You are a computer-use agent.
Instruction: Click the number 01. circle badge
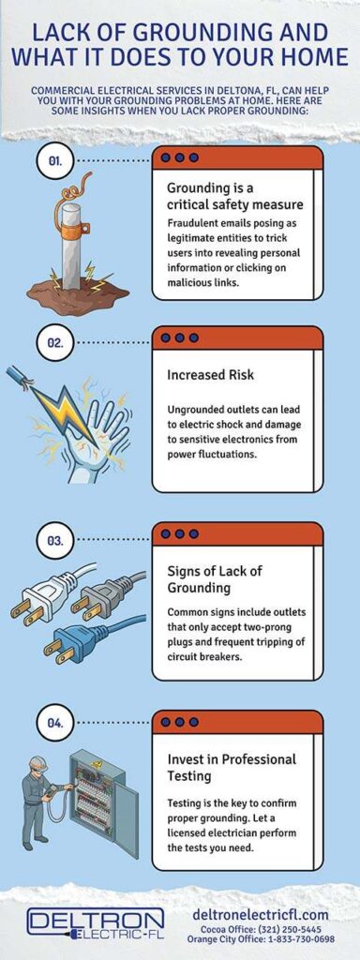coord(55,161)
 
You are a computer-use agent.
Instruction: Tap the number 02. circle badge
coord(55,342)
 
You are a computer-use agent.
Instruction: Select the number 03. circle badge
coord(55,540)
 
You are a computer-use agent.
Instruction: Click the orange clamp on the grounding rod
coord(67,226)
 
